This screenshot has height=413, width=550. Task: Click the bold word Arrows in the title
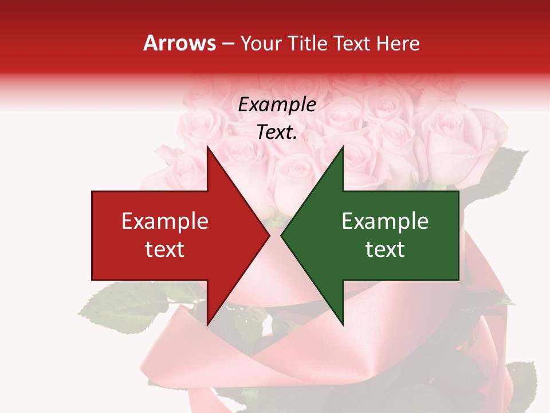[180, 43]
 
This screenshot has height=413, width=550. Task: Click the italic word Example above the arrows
[277, 105]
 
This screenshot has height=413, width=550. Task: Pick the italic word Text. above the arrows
[277, 133]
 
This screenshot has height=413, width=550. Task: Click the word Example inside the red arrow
[165, 221]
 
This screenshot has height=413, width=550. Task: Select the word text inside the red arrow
[165, 250]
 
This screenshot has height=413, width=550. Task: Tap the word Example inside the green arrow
[385, 221]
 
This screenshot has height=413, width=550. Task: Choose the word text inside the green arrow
[385, 250]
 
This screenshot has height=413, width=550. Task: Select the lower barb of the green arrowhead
[341, 322]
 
